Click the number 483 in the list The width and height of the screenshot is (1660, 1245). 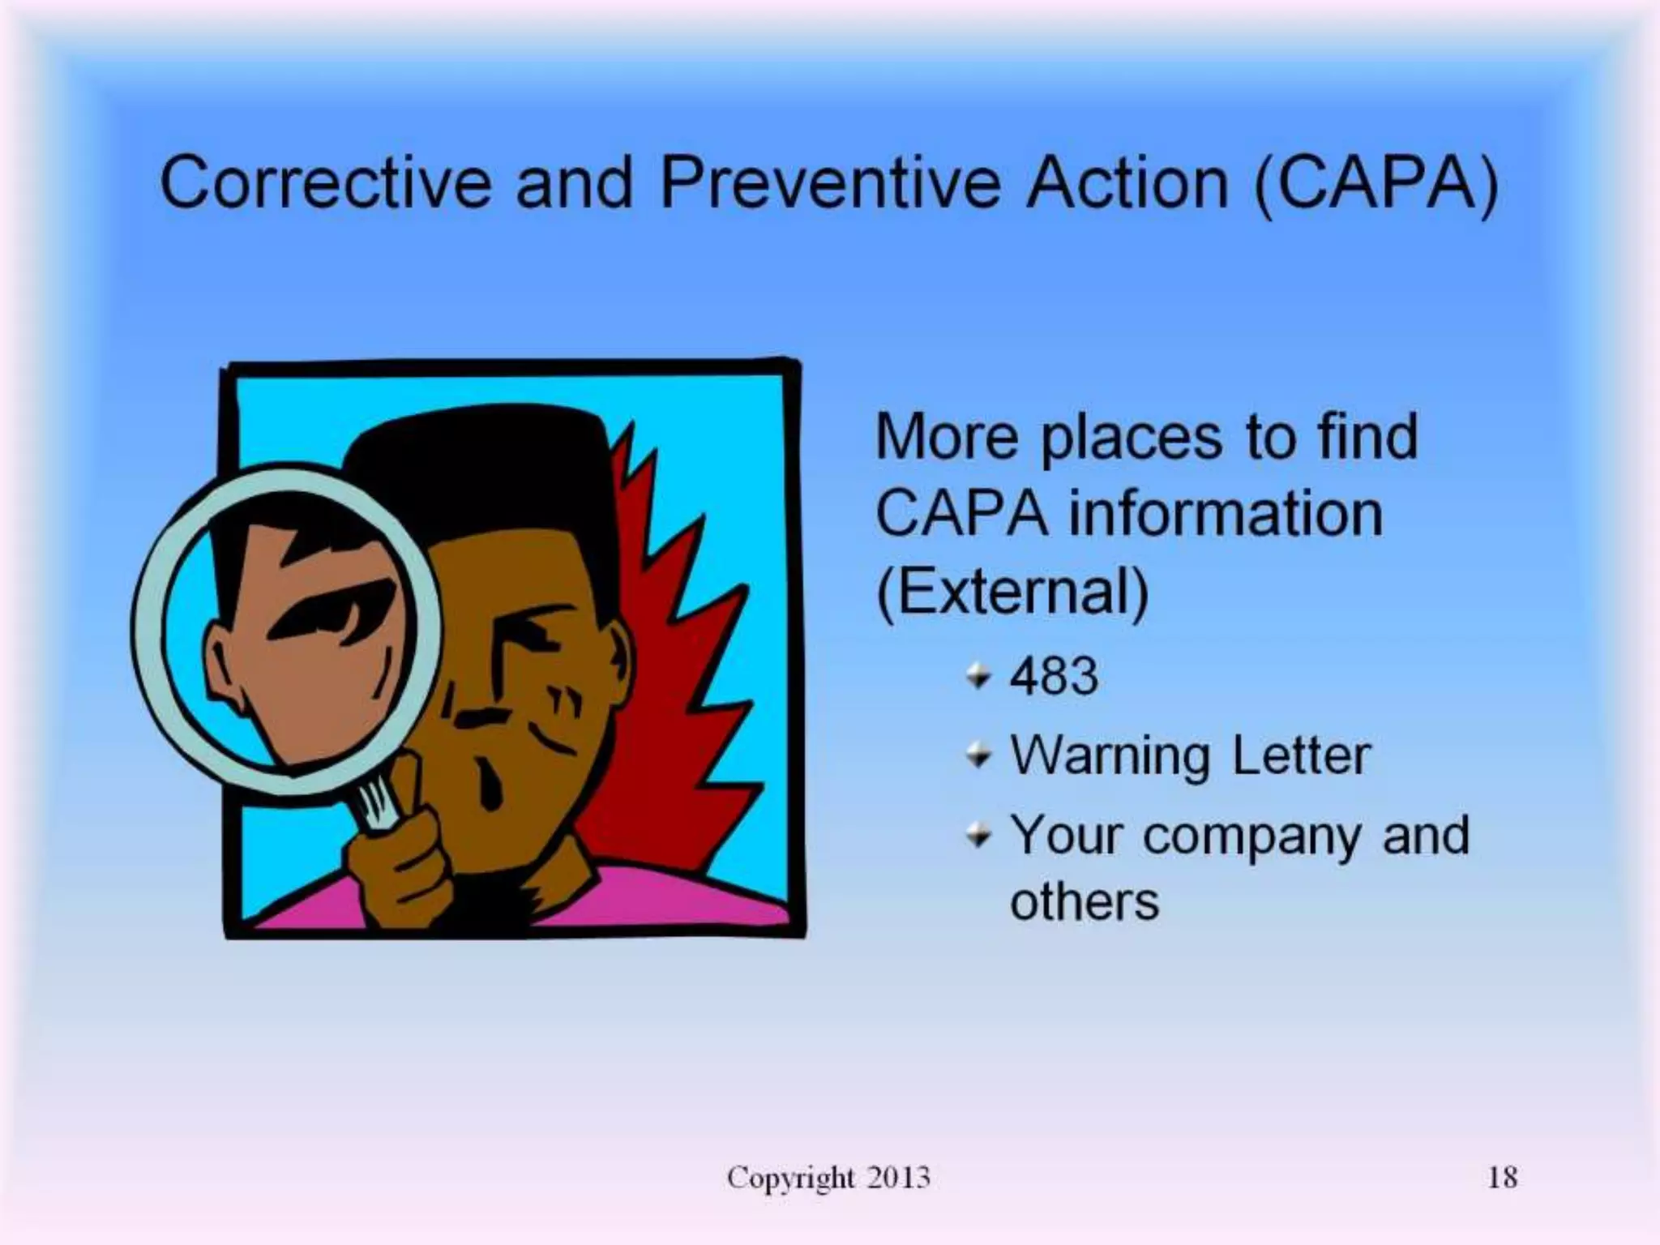point(1054,675)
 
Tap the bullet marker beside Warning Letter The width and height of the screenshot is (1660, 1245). point(979,755)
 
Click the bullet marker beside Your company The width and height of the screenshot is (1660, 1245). point(979,835)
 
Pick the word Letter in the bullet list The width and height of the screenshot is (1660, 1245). point(1300,755)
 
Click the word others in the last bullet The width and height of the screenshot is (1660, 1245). point(1084,901)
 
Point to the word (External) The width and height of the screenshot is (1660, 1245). point(1012,592)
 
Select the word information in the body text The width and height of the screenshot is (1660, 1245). point(1225,514)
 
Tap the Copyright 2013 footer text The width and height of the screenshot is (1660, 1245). point(828,1177)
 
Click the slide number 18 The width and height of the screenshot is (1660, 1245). point(1502,1177)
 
